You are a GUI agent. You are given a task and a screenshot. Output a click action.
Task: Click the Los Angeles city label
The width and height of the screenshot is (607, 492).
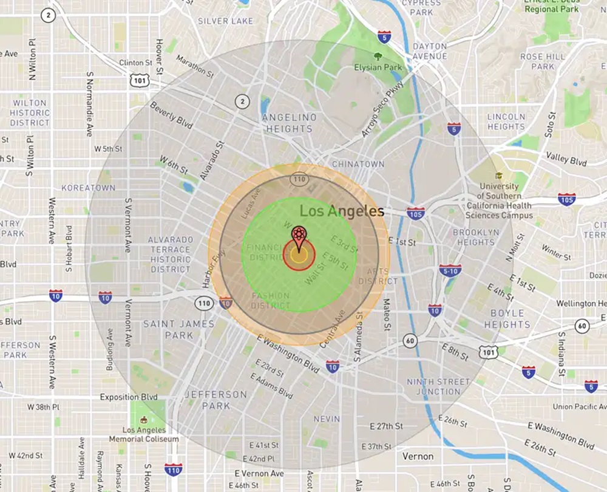[343, 211]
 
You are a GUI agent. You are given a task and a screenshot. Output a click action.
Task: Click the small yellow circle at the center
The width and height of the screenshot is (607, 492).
[299, 255]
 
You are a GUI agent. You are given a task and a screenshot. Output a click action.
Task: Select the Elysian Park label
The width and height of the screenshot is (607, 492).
[378, 67]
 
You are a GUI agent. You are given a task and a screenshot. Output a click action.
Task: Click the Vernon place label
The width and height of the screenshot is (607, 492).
[418, 456]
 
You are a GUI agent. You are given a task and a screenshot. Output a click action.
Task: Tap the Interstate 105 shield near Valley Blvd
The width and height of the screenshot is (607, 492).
[567, 199]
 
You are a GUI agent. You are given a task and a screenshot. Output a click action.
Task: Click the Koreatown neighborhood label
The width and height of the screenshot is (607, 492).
[88, 188]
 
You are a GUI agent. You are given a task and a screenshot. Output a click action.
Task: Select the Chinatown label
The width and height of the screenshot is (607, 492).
[358, 164]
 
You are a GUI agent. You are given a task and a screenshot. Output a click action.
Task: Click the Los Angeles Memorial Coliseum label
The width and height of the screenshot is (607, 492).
[144, 434]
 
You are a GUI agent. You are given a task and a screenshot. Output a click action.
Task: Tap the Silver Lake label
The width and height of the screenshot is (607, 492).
[225, 21]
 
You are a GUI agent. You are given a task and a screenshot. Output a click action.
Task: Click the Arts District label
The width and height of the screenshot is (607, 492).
[378, 276]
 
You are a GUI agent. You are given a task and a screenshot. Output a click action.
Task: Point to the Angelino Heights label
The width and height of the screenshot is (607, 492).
[289, 123]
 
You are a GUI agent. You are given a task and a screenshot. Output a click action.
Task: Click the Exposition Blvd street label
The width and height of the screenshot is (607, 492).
[129, 397]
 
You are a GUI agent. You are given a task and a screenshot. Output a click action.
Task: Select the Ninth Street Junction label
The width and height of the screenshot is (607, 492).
[438, 386]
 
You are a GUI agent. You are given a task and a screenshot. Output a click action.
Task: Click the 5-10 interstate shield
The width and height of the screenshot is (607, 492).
[450, 271]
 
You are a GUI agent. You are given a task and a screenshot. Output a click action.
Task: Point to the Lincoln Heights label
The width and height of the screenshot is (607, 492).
[506, 121]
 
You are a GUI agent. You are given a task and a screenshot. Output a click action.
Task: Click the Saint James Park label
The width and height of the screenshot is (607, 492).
[179, 329]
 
